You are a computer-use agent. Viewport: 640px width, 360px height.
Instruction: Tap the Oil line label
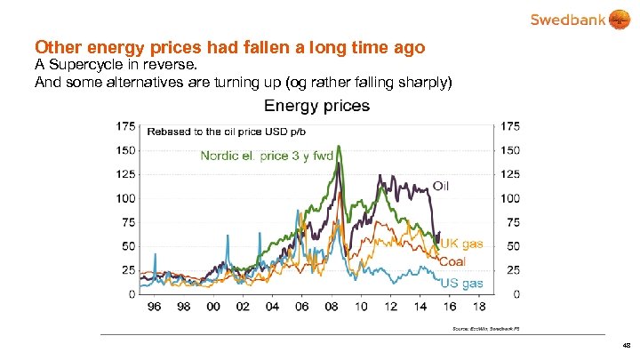(x=442, y=186)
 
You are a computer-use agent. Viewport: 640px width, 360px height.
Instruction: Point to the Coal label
(x=452, y=261)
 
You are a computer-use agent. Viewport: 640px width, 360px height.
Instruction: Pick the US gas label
(x=462, y=283)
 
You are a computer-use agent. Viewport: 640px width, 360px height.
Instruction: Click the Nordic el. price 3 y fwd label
(x=267, y=156)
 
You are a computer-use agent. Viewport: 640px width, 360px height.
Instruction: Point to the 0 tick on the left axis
(x=132, y=293)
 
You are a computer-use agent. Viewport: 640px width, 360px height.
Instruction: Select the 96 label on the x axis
(x=154, y=307)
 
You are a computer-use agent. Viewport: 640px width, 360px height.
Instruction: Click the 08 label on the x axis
(x=331, y=307)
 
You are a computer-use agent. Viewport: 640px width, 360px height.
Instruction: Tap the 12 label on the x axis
(x=390, y=307)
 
